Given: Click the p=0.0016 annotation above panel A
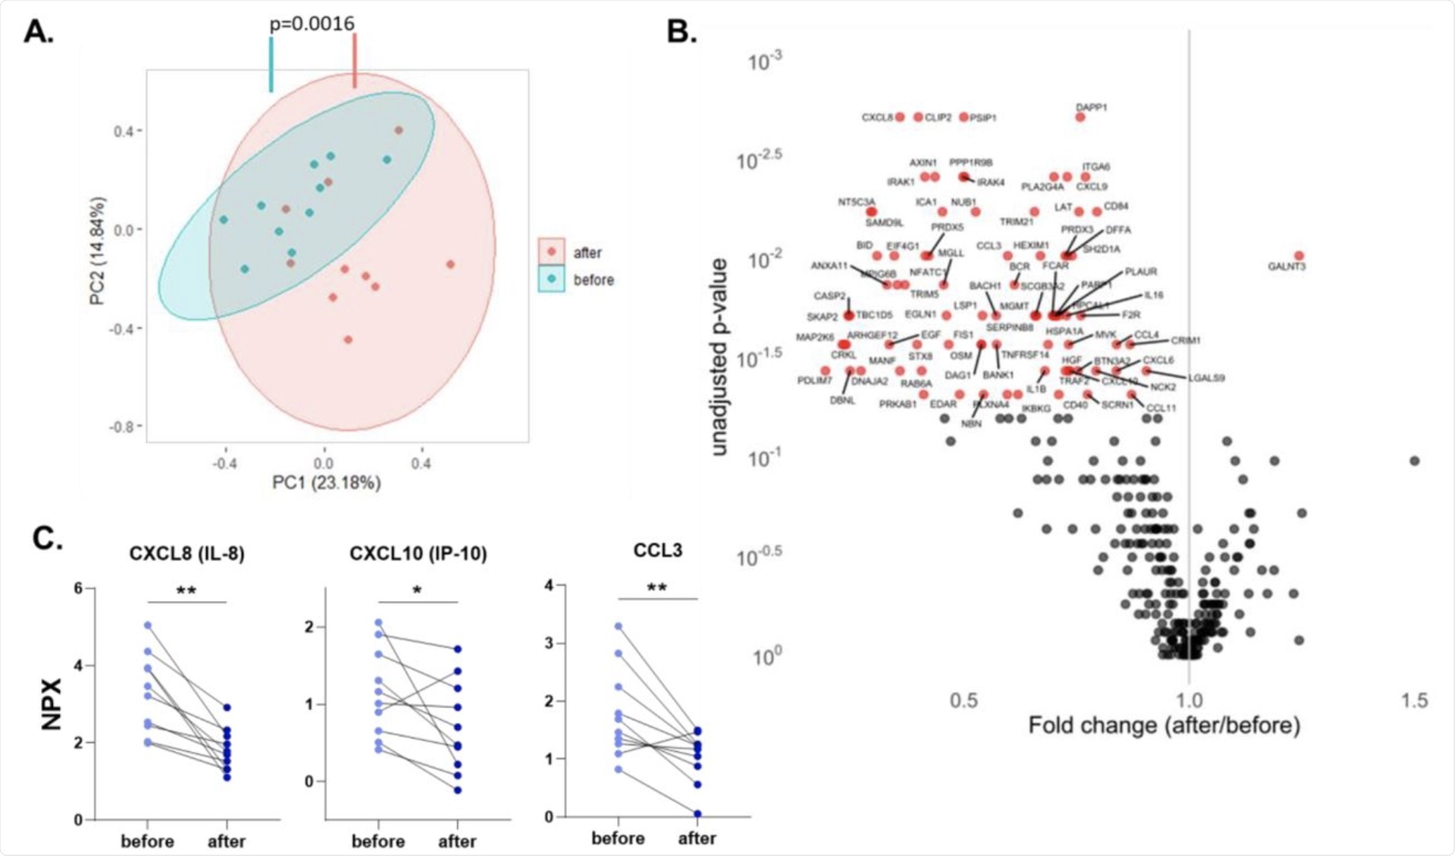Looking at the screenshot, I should pyautogui.click(x=312, y=24).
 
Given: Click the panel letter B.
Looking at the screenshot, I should pyautogui.click(x=681, y=32).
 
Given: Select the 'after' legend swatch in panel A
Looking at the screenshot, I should pyautogui.click(x=552, y=252).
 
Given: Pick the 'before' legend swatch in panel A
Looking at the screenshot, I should pyautogui.click(x=552, y=279).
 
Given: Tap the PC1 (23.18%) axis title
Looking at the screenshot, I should pyautogui.click(x=326, y=482).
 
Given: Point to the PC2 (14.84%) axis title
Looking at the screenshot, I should pyautogui.click(x=98, y=250).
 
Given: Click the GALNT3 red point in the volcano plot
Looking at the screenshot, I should pyautogui.click(x=1299, y=256).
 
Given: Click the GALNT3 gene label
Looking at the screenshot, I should pyautogui.click(x=1286, y=267).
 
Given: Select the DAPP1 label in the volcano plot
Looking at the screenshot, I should pyautogui.click(x=1092, y=107).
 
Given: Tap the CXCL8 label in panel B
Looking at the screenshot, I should pyautogui.click(x=877, y=118).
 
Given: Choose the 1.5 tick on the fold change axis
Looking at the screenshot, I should pyautogui.click(x=1414, y=701).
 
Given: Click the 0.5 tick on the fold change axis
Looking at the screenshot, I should pyautogui.click(x=963, y=701).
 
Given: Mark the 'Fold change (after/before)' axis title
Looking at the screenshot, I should pyautogui.click(x=1164, y=726).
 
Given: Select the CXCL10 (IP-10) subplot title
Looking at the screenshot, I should pyautogui.click(x=418, y=554).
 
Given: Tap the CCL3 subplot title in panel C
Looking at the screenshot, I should pyautogui.click(x=658, y=550).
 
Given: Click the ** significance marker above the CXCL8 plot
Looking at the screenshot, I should pyautogui.click(x=186, y=591).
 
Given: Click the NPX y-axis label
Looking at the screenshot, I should pyautogui.click(x=52, y=703).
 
